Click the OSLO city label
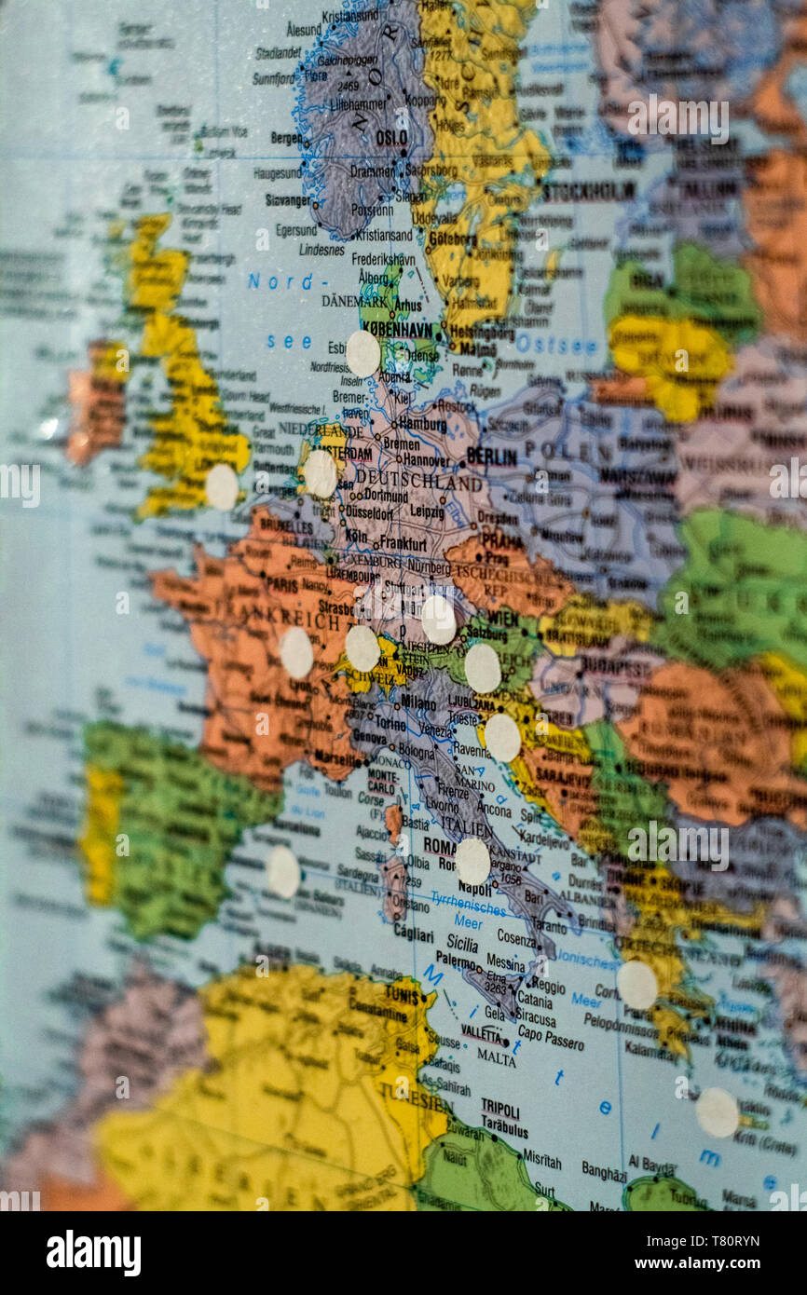[391, 138]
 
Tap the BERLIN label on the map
[491, 457]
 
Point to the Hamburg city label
[422, 424]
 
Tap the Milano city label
[418, 702]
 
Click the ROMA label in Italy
[440, 846]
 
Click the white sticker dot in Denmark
[362, 353]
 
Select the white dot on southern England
[222, 486]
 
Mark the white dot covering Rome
[472, 861]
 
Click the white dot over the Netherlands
[320, 473]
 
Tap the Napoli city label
[474, 890]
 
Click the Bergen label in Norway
[286, 138]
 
